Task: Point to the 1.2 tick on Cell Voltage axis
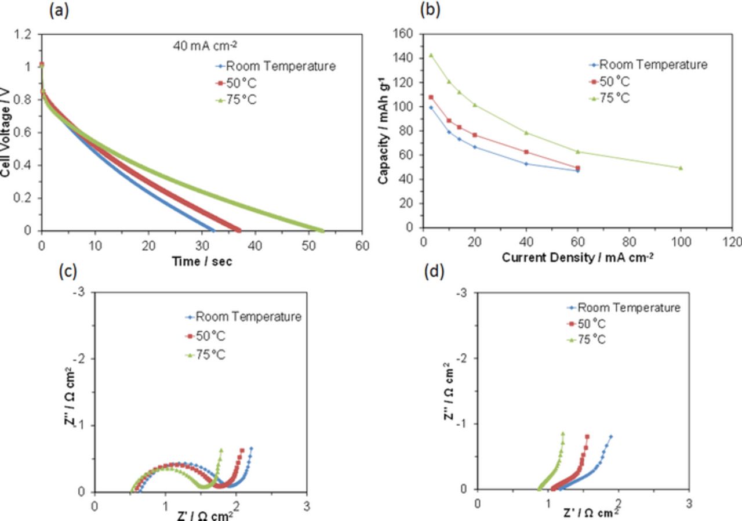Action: click(25, 34)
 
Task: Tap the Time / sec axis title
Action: click(201, 262)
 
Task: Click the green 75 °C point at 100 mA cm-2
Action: click(681, 168)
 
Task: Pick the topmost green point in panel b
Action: click(431, 55)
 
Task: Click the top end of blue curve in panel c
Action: click(251, 448)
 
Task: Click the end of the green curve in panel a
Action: click(322, 230)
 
